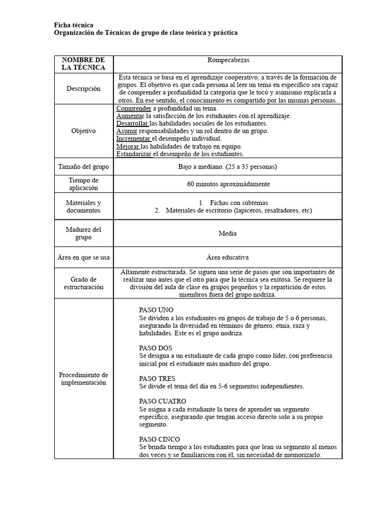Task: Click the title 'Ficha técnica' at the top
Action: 73,25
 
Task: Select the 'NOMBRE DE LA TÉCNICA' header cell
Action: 83,63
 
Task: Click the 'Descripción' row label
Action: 83,89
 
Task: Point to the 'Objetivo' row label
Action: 83,131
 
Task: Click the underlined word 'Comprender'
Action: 133,108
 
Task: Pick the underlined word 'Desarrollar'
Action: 132,124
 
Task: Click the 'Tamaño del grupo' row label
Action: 83,167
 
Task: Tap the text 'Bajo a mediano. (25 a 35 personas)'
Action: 227,167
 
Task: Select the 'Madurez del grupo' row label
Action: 83,233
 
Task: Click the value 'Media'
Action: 227,233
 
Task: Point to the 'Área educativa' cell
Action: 227,257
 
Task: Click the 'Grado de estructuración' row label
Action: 83,283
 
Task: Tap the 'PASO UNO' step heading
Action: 156,310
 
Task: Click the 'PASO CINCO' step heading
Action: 159,439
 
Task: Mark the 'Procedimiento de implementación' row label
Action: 83,379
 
